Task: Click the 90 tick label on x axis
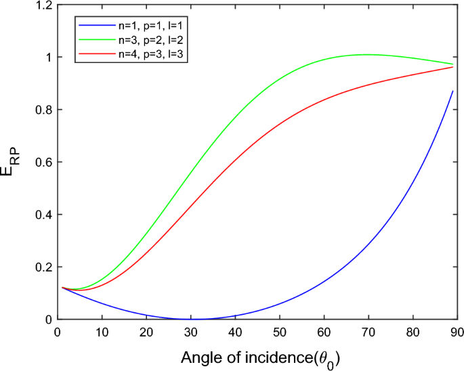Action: tap(457, 332)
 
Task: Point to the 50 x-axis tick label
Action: tap(279, 332)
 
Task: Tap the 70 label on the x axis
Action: tap(368, 332)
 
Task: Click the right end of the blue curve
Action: tap(452, 91)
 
